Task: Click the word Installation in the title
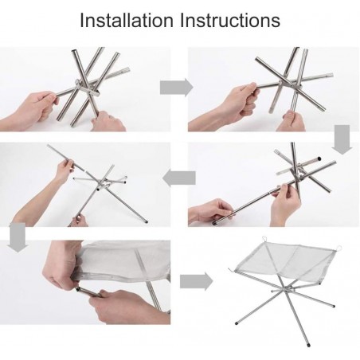pyautogui.click(x=126, y=20)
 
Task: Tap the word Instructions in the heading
pyautogui.click(x=230, y=20)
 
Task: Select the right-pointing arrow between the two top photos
pyautogui.click(x=177, y=88)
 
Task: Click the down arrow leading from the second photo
pyautogui.click(x=342, y=139)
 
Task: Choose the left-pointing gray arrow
pyautogui.click(x=179, y=178)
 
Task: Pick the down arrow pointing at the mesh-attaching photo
pyautogui.click(x=18, y=237)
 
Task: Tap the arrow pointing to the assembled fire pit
pyautogui.click(x=197, y=281)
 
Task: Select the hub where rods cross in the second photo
pyautogui.click(x=282, y=84)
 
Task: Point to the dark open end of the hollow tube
pyautogui.click(x=319, y=158)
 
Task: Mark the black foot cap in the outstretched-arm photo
pyautogui.click(x=147, y=221)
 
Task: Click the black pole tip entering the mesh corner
pyautogui.click(x=78, y=289)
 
